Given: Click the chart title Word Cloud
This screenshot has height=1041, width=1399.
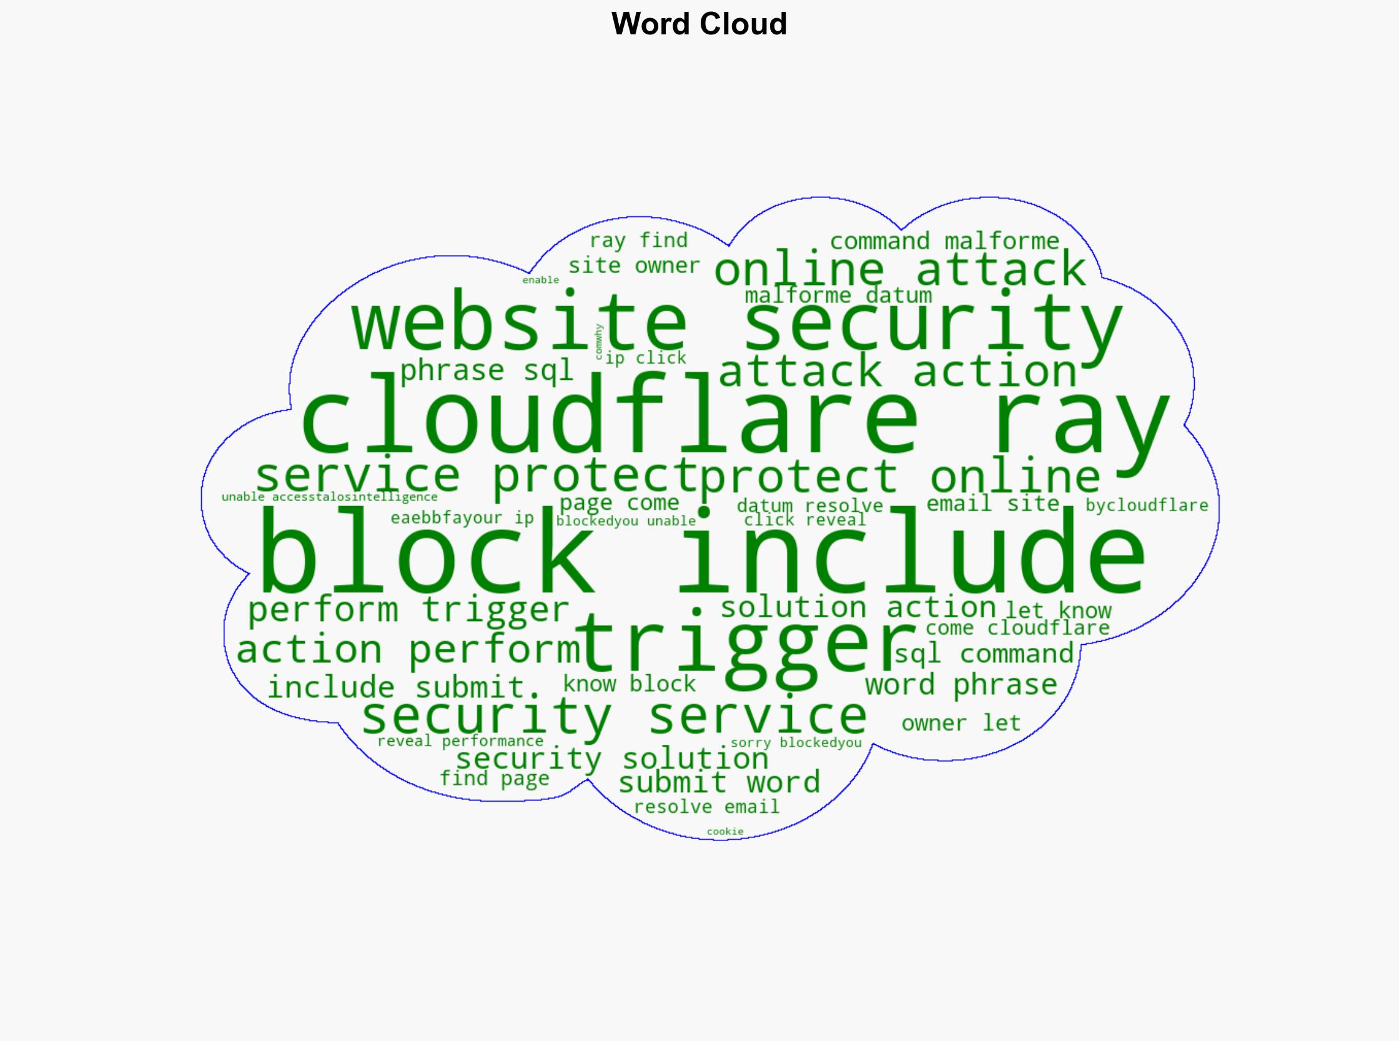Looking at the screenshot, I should (x=699, y=24).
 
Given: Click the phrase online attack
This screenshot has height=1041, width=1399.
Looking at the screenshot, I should (x=901, y=270).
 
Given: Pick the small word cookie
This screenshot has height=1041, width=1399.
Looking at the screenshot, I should (x=725, y=832).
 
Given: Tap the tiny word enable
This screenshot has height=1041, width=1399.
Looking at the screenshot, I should (x=540, y=280).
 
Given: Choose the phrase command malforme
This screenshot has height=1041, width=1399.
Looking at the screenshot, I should (x=945, y=241).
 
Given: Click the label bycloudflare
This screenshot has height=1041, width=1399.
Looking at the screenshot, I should (x=1147, y=506).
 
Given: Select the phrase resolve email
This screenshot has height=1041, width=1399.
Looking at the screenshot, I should (x=706, y=807).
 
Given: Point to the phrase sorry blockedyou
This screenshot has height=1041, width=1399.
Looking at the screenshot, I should (x=796, y=743).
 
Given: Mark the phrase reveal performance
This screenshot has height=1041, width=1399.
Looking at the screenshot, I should (x=460, y=741).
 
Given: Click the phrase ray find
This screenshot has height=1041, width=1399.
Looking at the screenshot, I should (x=638, y=241).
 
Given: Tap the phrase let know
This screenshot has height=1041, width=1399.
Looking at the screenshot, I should (x=1058, y=610).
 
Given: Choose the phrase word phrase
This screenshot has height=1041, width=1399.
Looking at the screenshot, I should (x=961, y=685).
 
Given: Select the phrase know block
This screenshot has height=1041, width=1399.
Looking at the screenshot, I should (x=630, y=684).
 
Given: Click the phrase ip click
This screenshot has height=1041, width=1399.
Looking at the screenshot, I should (x=646, y=359).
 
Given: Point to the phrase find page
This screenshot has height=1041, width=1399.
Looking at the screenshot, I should (x=495, y=779).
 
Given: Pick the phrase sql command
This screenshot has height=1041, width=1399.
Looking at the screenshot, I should (x=984, y=654).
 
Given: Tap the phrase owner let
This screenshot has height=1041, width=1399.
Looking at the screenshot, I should (x=961, y=724).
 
